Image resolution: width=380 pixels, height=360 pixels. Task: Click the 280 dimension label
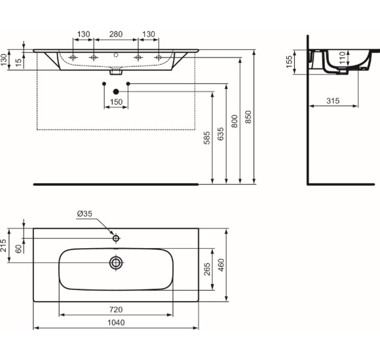tap(115, 34)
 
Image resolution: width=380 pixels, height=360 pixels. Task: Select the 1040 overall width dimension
tap(116, 323)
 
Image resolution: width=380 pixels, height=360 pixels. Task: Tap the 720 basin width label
tap(116, 310)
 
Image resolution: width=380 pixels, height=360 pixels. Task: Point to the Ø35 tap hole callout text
tap(85, 214)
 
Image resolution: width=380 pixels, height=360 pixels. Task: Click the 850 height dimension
tap(248, 117)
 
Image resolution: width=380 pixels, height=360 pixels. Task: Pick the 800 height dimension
tap(235, 121)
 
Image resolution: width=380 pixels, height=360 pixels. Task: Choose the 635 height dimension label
tap(221, 134)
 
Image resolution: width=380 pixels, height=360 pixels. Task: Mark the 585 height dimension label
tap(207, 138)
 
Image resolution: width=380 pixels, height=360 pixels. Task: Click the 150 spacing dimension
tap(116, 102)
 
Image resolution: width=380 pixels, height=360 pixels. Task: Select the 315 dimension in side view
tap(333, 101)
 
